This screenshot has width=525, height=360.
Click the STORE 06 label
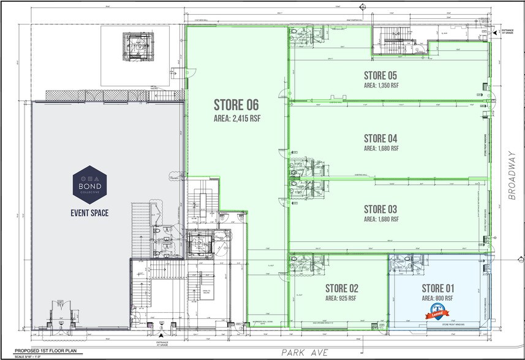tap(237, 105)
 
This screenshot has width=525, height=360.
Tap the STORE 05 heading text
tap(381, 75)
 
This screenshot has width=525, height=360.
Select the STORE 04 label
tap(381, 138)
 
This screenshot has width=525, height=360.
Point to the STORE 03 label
tap(381, 208)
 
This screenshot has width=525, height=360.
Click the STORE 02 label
tap(341, 288)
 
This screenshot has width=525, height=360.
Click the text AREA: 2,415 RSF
tap(237, 119)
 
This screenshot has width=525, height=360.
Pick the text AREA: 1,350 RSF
tap(381, 86)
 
